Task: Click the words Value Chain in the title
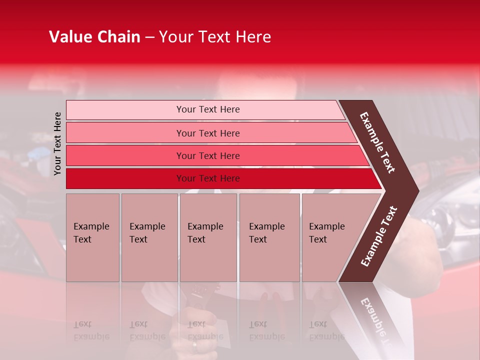click(x=94, y=37)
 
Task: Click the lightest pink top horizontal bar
click(x=125, y=110)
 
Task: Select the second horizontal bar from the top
click(x=125, y=133)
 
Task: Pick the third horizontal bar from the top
click(x=125, y=156)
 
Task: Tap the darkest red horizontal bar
click(x=125, y=178)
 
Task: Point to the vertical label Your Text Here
click(x=57, y=143)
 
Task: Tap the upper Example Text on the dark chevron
click(x=377, y=142)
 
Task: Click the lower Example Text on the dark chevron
click(x=379, y=236)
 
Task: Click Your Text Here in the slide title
click(x=215, y=37)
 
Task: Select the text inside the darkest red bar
click(x=208, y=178)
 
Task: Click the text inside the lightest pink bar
click(x=208, y=109)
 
